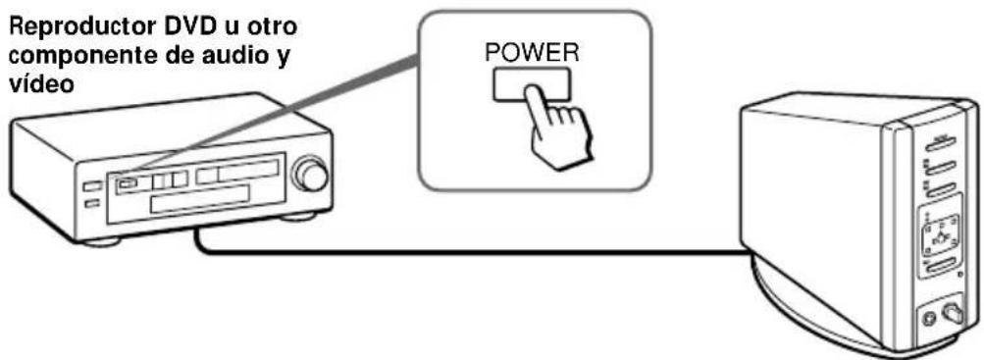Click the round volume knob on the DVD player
(x=313, y=175)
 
